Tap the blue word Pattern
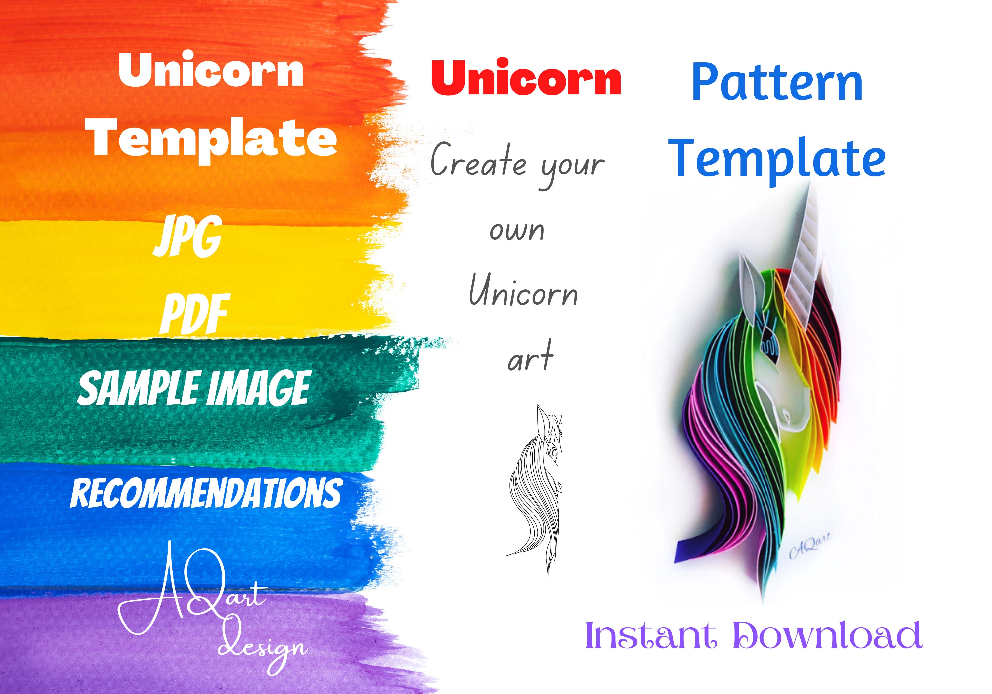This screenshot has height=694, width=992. pos(777,83)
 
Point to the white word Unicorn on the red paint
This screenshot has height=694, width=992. pos(211,71)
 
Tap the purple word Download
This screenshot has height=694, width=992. pos(827,635)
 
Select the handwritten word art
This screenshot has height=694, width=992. pos(530,359)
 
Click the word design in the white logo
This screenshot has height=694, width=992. pos(263,647)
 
